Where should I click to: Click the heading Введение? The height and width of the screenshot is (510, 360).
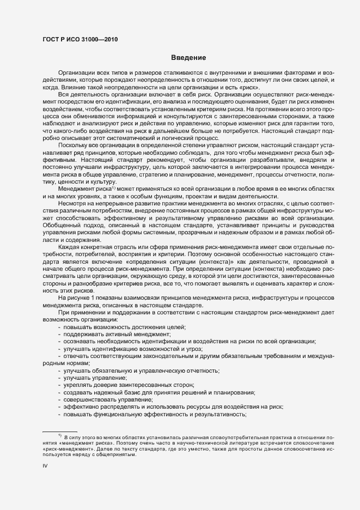pyautogui.click(x=188, y=58)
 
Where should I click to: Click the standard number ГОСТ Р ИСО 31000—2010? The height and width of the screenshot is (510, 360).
pyautogui.click(x=80, y=39)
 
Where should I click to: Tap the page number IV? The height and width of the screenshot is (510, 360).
pyautogui.click(x=45, y=466)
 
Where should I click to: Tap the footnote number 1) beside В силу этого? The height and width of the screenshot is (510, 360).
pyautogui.click(x=59, y=436)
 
